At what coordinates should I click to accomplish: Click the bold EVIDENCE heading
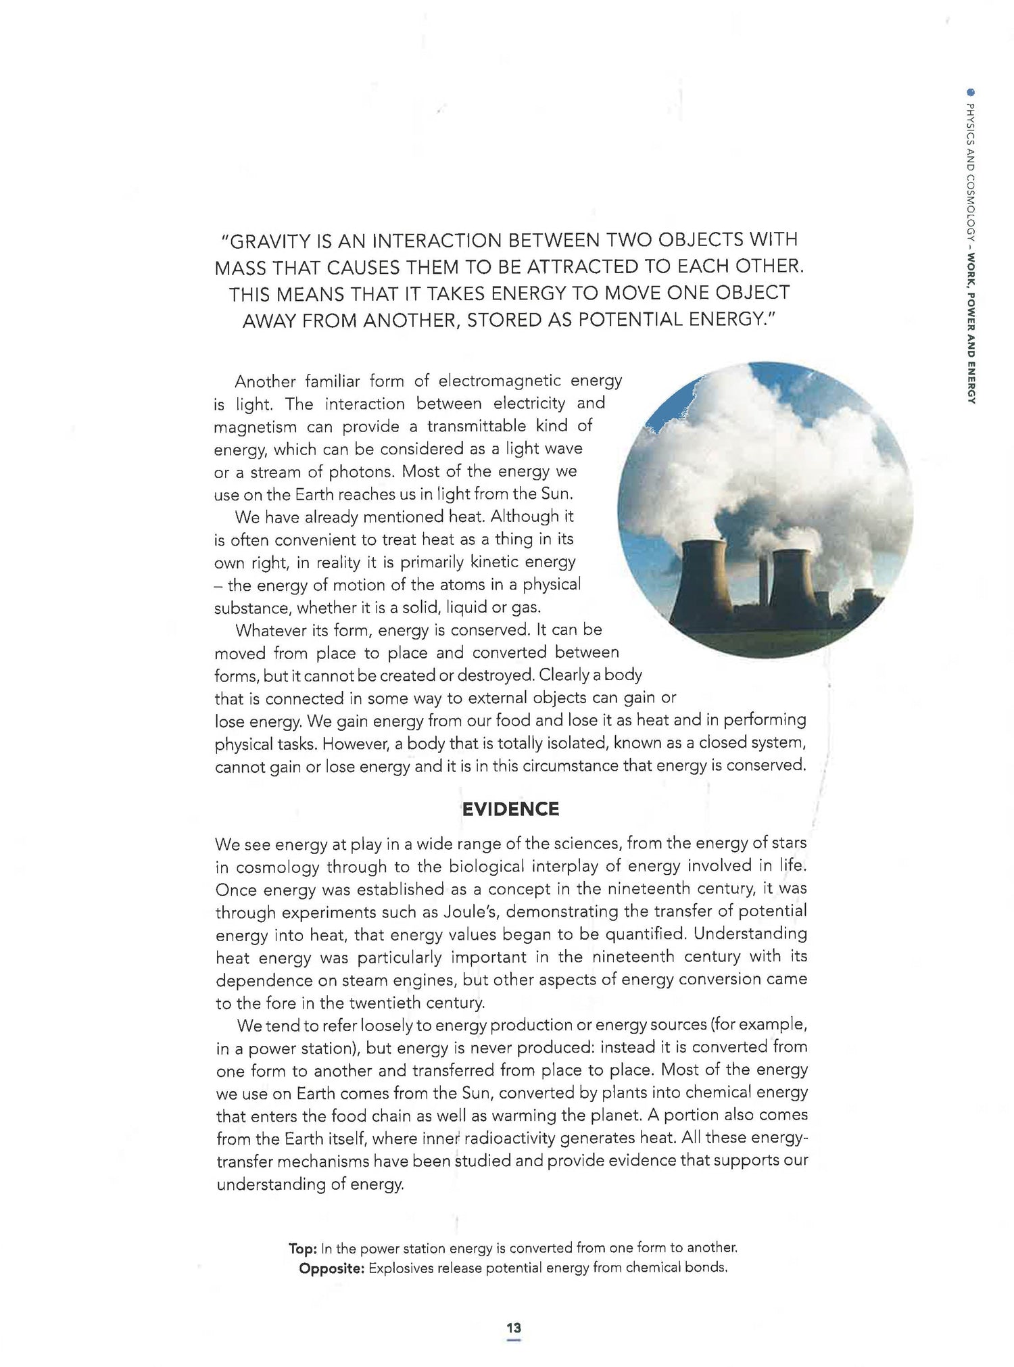pyautogui.click(x=510, y=809)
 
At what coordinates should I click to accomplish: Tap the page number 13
pyautogui.click(x=513, y=1328)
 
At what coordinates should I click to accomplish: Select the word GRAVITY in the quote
pyautogui.click(x=272, y=241)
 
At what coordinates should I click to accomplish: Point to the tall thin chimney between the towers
pyautogui.click(x=764, y=581)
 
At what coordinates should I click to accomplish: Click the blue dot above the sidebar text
pyautogui.click(x=971, y=93)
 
